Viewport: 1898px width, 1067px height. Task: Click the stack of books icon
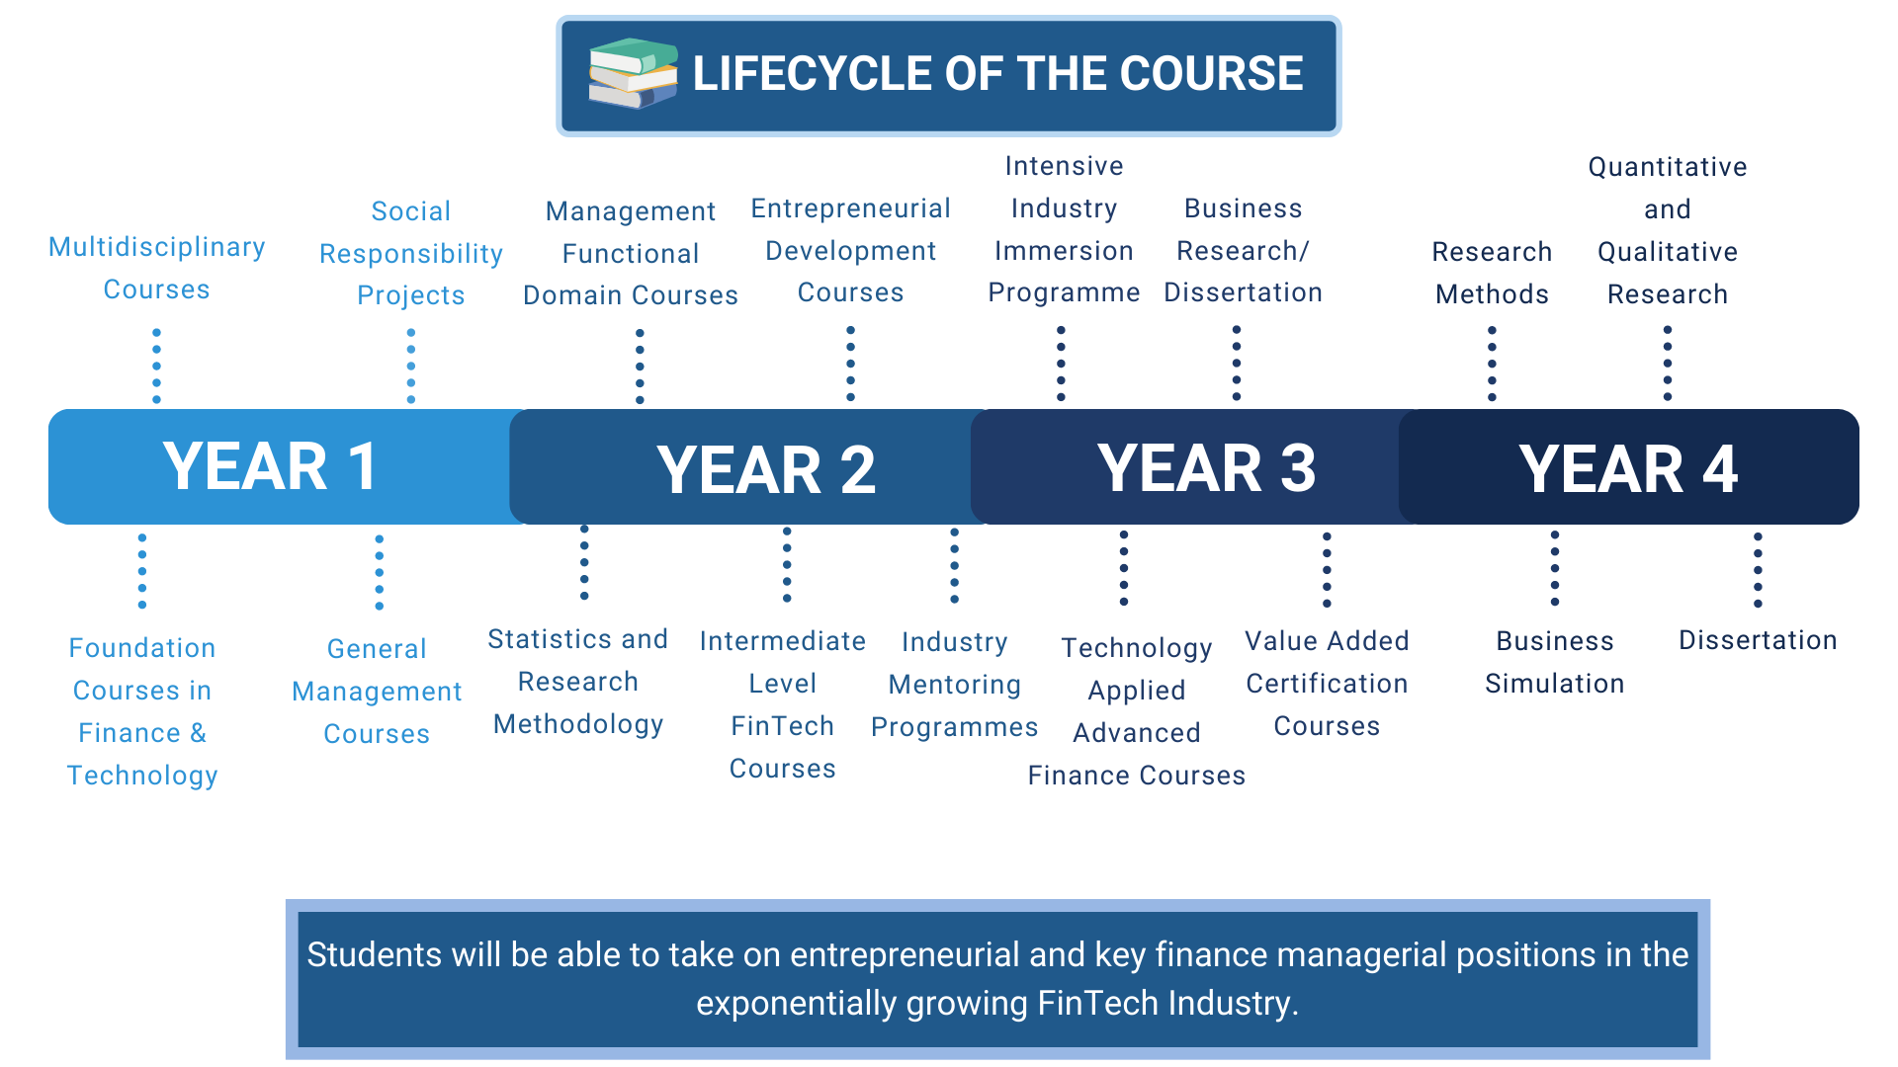(633, 73)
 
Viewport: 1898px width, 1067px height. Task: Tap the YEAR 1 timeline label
(270, 466)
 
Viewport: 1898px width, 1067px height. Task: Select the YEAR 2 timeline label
(766, 469)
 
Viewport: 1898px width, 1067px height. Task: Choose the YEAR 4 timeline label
(1628, 468)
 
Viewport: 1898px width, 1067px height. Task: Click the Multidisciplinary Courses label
(157, 268)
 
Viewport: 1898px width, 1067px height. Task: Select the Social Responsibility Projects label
(411, 253)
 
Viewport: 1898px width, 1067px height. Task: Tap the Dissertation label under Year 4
(1758, 640)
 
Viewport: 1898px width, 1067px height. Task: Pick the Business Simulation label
(1555, 662)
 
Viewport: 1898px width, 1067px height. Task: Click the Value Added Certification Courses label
(1327, 684)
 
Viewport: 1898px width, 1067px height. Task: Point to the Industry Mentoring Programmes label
(955, 685)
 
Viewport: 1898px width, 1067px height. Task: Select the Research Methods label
(1493, 273)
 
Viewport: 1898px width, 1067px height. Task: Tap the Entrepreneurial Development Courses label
(851, 250)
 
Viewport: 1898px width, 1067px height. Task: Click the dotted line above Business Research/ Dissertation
(1237, 363)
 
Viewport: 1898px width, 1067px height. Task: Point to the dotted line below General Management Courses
(380, 572)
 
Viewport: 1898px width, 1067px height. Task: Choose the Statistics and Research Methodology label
(578, 682)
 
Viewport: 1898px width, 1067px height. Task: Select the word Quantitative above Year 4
(1668, 167)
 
